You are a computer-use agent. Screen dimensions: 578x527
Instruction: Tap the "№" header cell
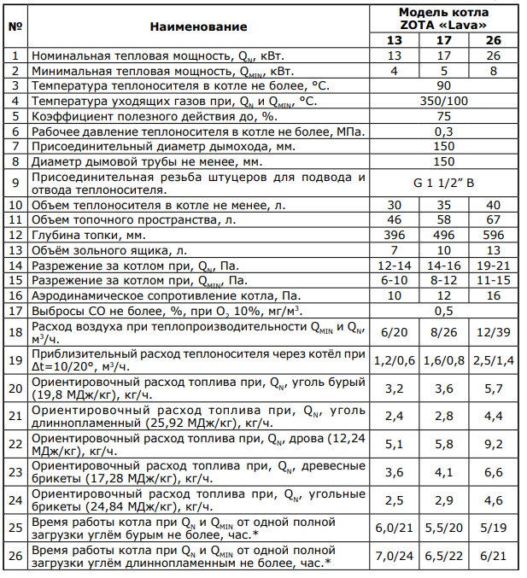pyautogui.click(x=15, y=26)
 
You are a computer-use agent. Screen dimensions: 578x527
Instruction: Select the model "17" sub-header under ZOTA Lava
pyautogui.click(x=443, y=41)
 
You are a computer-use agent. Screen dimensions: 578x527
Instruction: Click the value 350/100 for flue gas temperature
pyautogui.click(x=443, y=101)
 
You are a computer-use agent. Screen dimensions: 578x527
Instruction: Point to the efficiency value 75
pyautogui.click(x=443, y=116)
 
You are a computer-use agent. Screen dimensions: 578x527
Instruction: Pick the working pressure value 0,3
pyautogui.click(x=443, y=131)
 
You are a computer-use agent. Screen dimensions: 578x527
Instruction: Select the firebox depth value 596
pyautogui.click(x=493, y=235)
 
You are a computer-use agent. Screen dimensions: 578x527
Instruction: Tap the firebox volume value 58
pyautogui.click(x=443, y=219)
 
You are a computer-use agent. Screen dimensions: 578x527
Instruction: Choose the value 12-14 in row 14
pyautogui.click(x=394, y=266)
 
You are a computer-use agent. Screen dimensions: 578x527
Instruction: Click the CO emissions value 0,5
pyautogui.click(x=443, y=311)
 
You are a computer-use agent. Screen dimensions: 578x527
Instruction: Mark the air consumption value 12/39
pyautogui.click(x=493, y=333)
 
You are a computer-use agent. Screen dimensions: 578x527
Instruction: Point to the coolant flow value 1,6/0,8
pyautogui.click(x=443, y=360)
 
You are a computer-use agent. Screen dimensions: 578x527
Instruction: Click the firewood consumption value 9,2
pyautogui.click(x=493, y=443)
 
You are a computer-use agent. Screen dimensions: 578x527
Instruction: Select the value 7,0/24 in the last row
pyautogui.click(x=394, y=555)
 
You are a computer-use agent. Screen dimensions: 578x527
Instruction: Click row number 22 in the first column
pyautogui.click(x=15, y=443)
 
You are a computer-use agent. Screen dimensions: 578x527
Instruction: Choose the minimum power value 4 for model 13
pyautogui.click(x=394, y=71)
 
